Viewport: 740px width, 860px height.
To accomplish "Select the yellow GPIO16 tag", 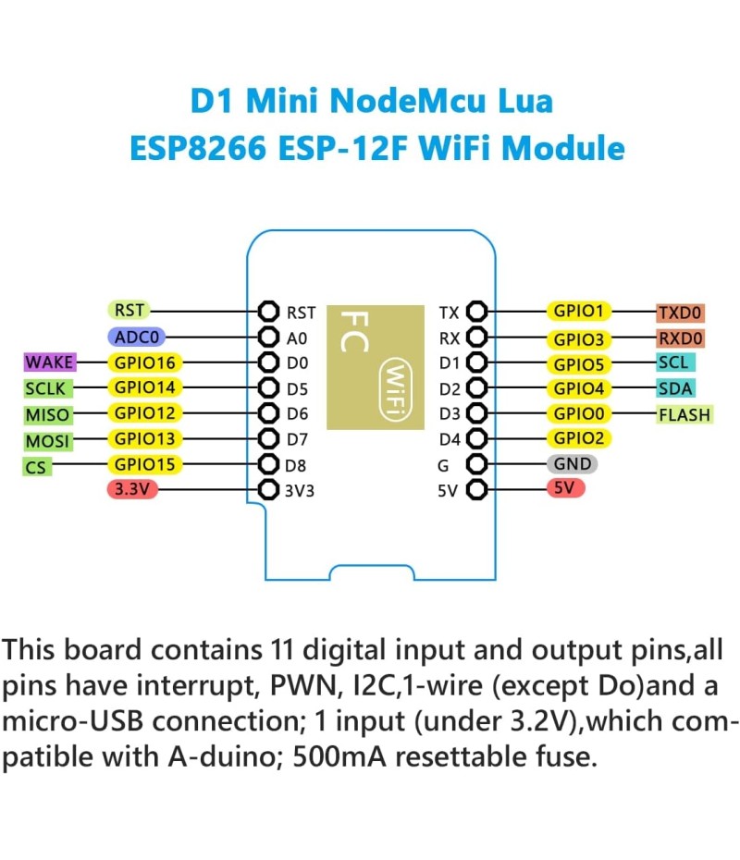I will tap(145, 362).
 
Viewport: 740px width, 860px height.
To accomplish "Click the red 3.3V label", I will tap(132, 489).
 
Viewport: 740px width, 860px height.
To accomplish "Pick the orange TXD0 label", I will tap(681, 313).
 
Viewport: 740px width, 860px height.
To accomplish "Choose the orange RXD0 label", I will tap(681, 338).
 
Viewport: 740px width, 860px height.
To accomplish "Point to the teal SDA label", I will tap(675, 388).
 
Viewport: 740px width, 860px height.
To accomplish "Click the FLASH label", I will tap(684, 414).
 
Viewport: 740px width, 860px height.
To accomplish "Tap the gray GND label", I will tap(573, 464).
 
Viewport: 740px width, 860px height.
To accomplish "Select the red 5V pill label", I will tap(565, 489).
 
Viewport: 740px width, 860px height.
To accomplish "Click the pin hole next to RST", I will tap(269, 312).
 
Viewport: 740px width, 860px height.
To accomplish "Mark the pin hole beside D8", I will tap(269, 464).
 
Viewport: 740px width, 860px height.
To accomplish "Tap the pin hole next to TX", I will tap(477, 312).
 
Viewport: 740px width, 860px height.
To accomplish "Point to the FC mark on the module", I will tap(355, 331).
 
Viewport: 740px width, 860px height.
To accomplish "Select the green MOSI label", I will tap(47, 441).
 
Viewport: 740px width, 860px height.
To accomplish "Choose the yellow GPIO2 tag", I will tap(578, 438).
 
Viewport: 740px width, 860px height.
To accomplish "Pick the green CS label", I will tap(35, 467).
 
